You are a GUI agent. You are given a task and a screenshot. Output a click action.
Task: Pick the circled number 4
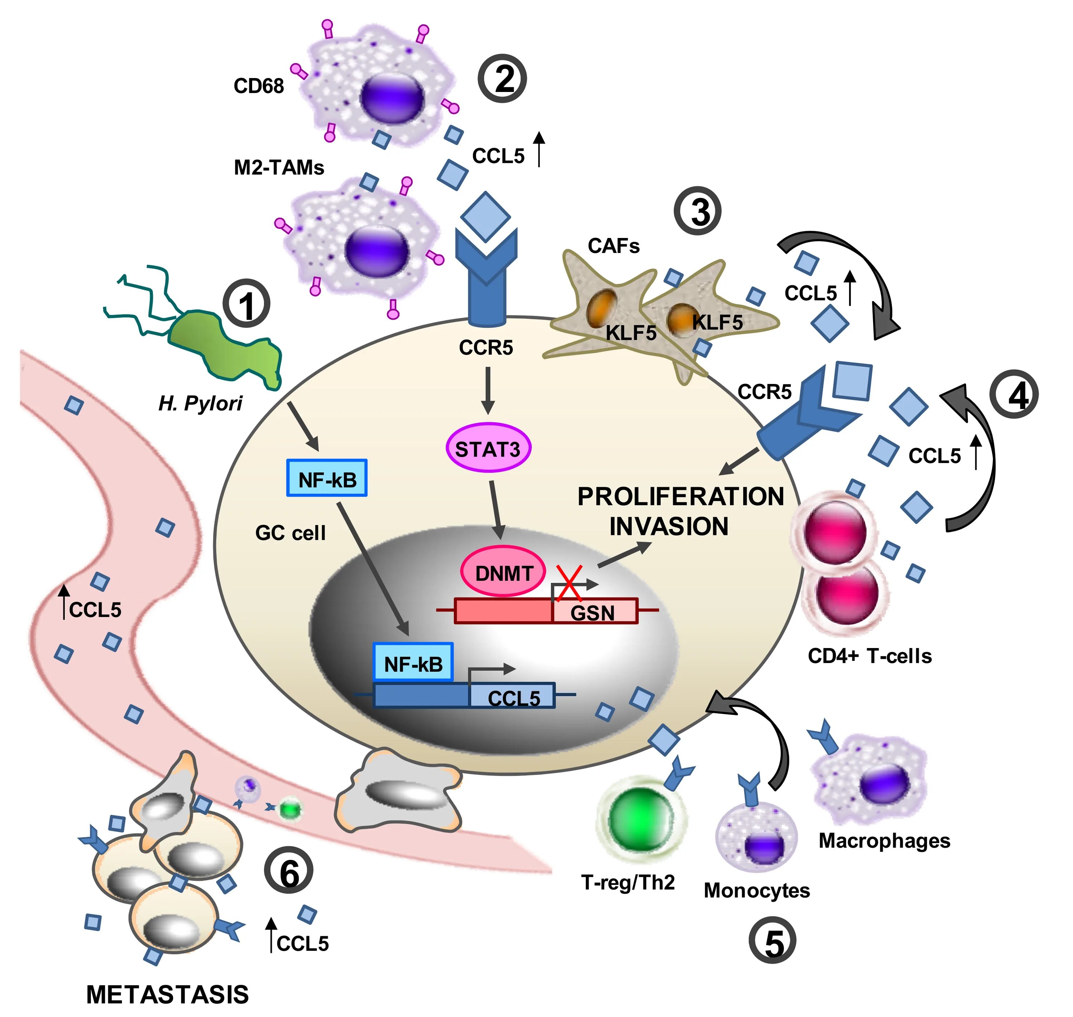click(1014, 394)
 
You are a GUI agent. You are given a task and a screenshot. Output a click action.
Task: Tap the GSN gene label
click(592, 613)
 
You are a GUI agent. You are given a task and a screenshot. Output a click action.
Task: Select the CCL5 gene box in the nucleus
click(512, 695)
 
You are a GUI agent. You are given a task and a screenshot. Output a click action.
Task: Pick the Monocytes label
click(756, 890)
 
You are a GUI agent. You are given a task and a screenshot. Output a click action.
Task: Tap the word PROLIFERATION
click(681, 497)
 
